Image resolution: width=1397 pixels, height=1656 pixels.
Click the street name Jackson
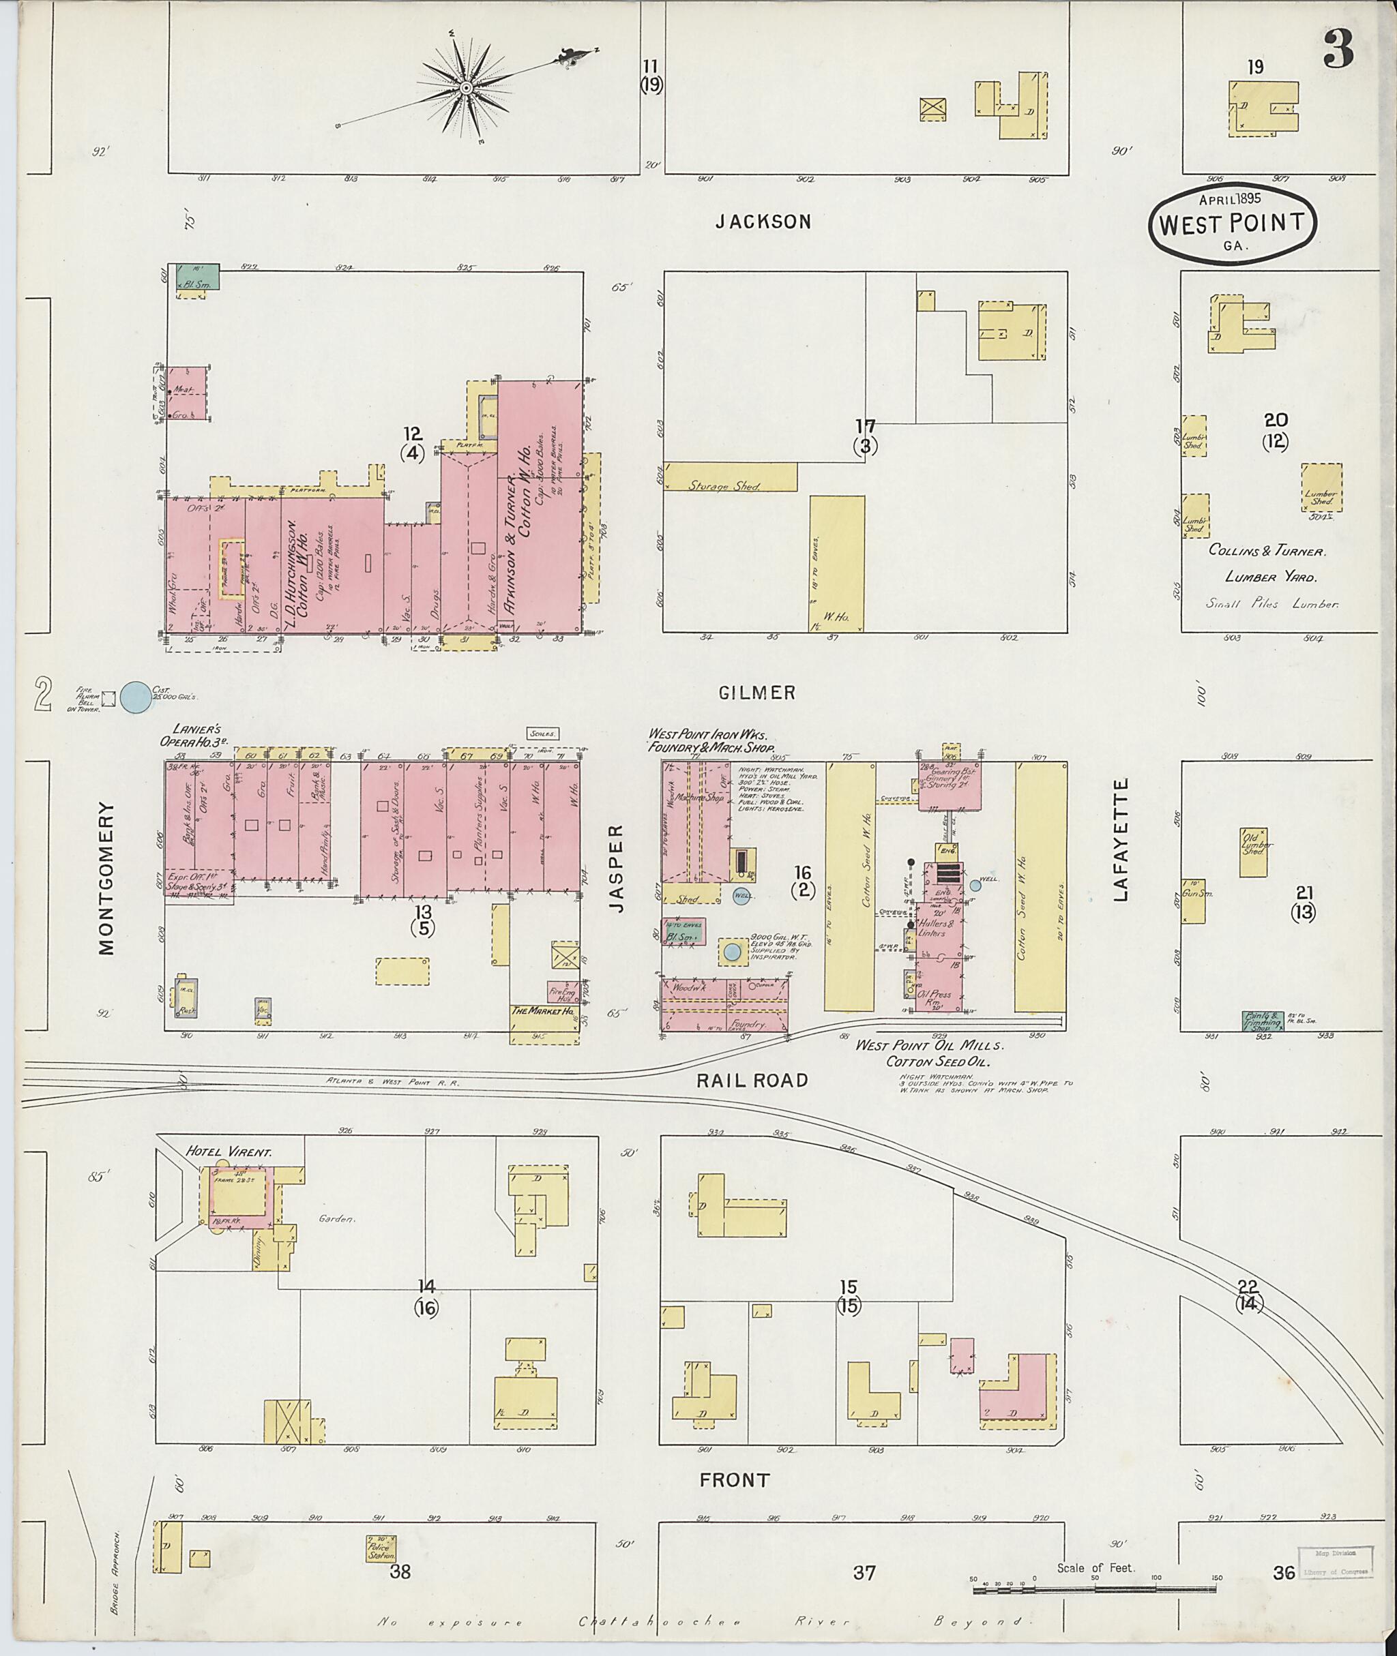(x=763, y=222)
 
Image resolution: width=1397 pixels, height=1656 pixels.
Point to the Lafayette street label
(x=1120, y=839)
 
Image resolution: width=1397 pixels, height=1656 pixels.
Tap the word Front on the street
(x=734, y=1479)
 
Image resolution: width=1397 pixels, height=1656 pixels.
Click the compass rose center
(x=467, y=87)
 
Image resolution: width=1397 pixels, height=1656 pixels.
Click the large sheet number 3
(x=1338, y=49)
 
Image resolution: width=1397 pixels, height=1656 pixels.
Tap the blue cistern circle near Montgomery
(x=136, y=697)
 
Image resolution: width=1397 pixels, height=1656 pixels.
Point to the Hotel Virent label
(x=228, y=1151)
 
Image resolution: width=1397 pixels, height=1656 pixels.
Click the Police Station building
(x=381, y=1548)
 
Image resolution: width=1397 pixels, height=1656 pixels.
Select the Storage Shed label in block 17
(x=723, y=486)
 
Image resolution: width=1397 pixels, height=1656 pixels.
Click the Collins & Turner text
(x=1267, y=550)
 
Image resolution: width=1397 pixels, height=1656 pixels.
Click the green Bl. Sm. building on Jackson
(x=196, y=277)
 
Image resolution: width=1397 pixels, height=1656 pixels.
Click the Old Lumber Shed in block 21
(x=1253, y=852)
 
